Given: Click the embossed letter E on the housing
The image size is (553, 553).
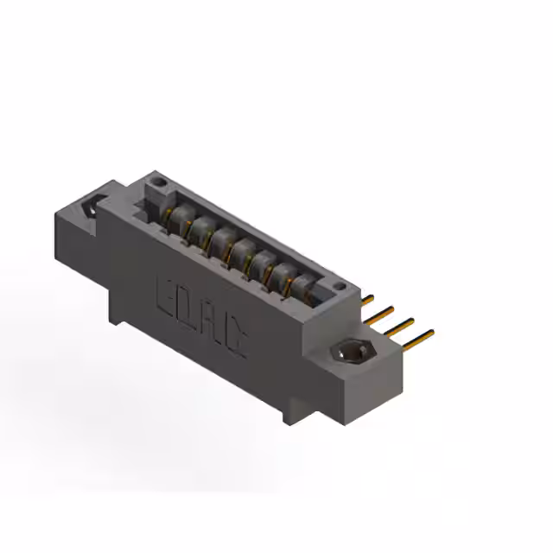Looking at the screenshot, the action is tap(165, 296).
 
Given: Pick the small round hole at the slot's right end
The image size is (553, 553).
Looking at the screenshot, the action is tap(340, 286).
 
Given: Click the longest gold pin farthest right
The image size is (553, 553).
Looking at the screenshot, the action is tap(418, 340).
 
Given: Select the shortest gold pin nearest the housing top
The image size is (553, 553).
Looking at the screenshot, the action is tap(367, 300).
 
